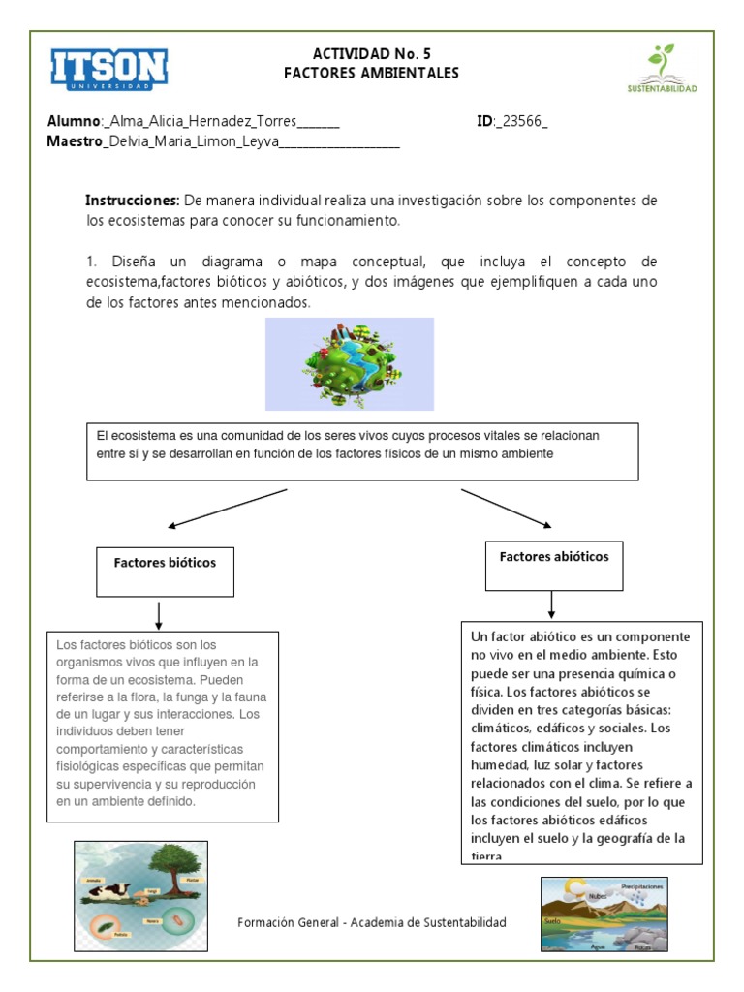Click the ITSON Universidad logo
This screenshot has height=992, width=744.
pos(108,70)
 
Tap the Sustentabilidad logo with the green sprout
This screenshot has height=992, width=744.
pos(662,68)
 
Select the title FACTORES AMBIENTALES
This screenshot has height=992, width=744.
pos(371,74)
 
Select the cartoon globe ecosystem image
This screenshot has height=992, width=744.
pos(349,364)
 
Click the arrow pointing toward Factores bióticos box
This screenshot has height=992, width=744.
pos(229,509)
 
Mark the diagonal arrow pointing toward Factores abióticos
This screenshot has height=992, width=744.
pos(505,509)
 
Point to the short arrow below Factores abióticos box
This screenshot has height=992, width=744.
pos(551,604)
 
